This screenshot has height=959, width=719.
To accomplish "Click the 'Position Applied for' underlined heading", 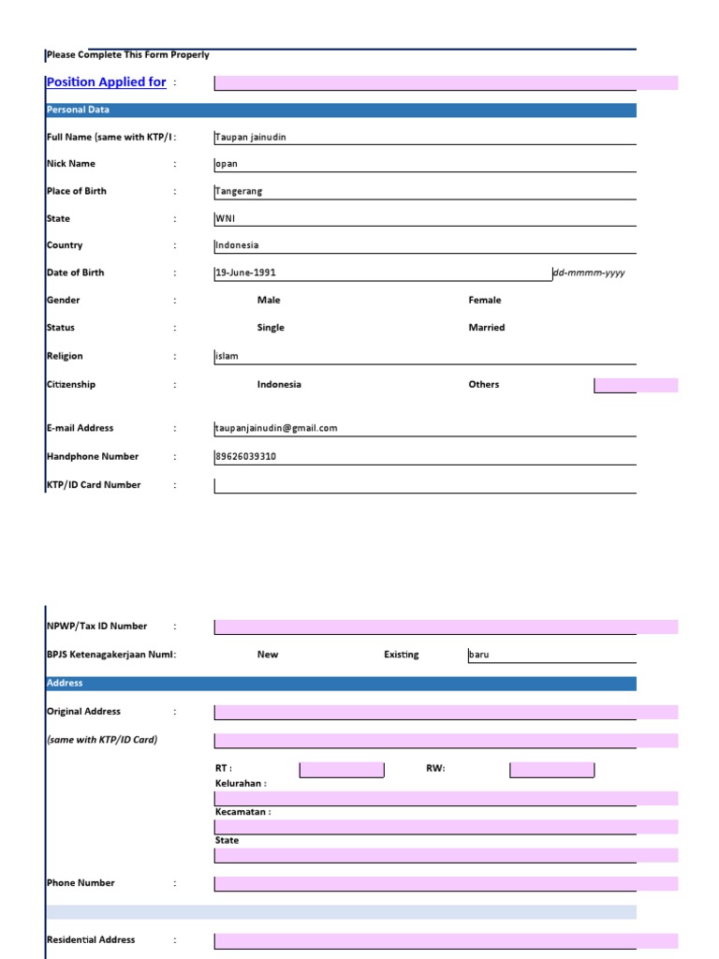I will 106,82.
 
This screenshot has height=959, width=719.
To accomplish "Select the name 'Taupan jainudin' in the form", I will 250,137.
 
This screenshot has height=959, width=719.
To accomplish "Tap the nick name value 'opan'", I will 227,164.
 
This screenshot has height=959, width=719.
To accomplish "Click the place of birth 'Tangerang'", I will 239,191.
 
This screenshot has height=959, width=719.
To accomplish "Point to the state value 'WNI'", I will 226,218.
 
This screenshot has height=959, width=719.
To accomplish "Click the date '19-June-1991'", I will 245,273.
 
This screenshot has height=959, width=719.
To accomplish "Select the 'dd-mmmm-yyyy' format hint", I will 589,273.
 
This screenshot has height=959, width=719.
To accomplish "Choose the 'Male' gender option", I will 269,301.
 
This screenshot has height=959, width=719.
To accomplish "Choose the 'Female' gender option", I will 484,301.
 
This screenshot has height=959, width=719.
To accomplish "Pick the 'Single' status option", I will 271,328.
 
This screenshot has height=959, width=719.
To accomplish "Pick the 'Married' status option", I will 486,328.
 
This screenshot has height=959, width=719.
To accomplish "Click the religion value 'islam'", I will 227,356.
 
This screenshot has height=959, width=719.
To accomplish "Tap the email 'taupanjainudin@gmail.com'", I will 276,428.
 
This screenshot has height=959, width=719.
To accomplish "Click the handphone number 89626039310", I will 245,457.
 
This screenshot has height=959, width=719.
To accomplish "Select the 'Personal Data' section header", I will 78,110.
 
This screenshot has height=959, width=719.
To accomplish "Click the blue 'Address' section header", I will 65,683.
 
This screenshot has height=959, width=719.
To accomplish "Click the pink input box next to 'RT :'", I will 342,770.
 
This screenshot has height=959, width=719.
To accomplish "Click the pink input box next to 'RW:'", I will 551,770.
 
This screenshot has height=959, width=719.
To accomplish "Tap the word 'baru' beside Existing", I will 479,655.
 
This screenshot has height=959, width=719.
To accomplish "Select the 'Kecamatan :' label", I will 242,812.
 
